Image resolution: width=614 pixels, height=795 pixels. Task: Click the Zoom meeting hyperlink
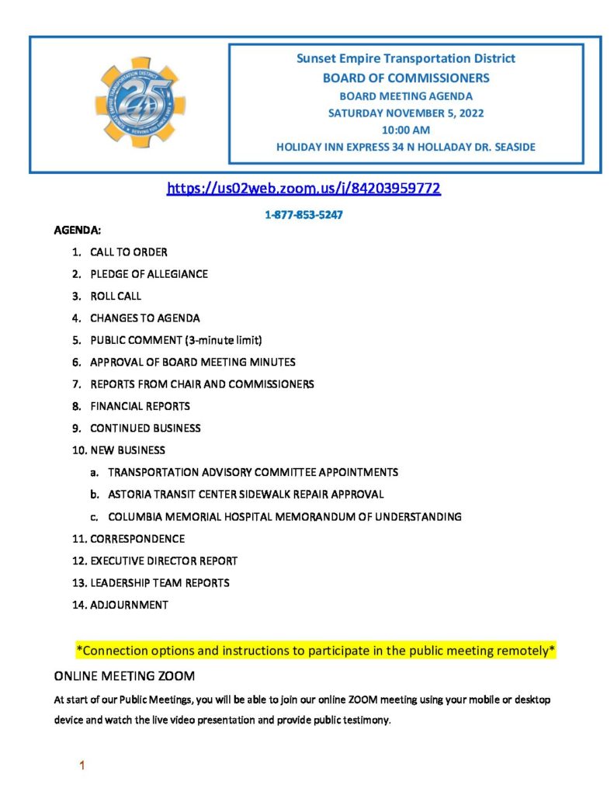click(304, 188)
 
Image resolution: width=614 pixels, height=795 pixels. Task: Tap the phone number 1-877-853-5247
click(304, 215)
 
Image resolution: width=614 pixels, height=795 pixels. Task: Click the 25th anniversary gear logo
click(140, 102)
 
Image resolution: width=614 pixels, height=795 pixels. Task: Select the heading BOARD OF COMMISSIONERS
click(406, 78)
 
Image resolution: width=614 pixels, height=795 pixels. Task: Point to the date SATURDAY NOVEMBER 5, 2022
click(406, 113)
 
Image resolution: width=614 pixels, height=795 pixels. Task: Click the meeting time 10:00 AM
click(406, 130)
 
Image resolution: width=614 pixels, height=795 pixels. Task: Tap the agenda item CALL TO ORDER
click(128, 252)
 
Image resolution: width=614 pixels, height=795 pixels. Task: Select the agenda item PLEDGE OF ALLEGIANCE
click(148, 274)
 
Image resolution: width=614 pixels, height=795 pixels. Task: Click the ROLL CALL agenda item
click(116, 296)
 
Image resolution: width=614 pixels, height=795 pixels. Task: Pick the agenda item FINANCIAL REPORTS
click(140, 406)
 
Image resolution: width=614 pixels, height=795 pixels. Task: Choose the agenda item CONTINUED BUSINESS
click(145, 428)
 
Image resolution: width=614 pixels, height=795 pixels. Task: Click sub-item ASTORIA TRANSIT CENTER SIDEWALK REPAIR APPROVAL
click(245, 494)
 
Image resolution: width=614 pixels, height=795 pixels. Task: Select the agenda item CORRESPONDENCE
click(137, 538)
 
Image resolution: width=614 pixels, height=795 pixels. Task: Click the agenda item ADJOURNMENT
click(129, 604)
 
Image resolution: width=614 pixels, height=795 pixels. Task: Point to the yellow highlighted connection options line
click(316, 650)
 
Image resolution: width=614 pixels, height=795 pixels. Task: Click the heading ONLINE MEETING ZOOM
click(124, 675)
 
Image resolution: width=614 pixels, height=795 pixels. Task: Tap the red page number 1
click(82, 766)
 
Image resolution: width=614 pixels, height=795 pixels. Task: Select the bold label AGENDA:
click(77, 231)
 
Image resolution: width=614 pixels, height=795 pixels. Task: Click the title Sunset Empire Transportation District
click(406, 59)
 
